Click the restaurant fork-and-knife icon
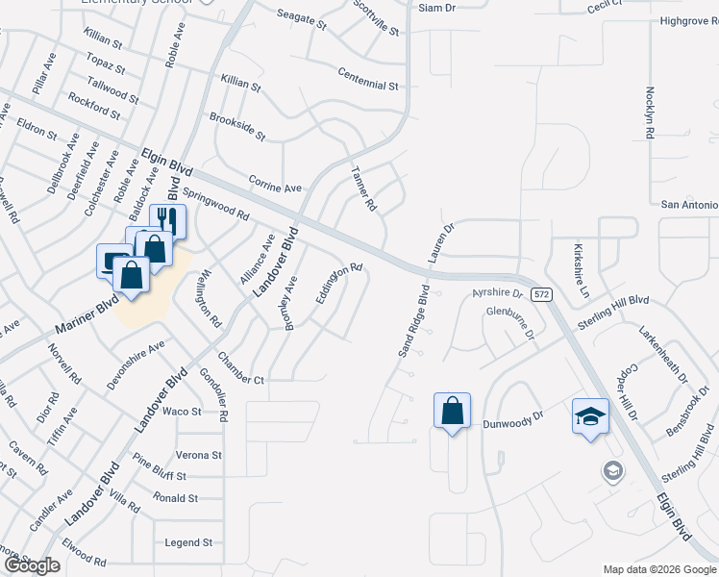[x=167, y=219]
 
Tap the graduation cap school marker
[x=590, y=415]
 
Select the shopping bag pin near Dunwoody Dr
[x=452, y=411]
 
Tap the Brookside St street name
[x=236, y=128]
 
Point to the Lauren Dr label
[x=440, y=241]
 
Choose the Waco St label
[x=182, y=412]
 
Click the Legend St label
[x=188, y=542]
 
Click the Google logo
[x=32, y=565]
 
